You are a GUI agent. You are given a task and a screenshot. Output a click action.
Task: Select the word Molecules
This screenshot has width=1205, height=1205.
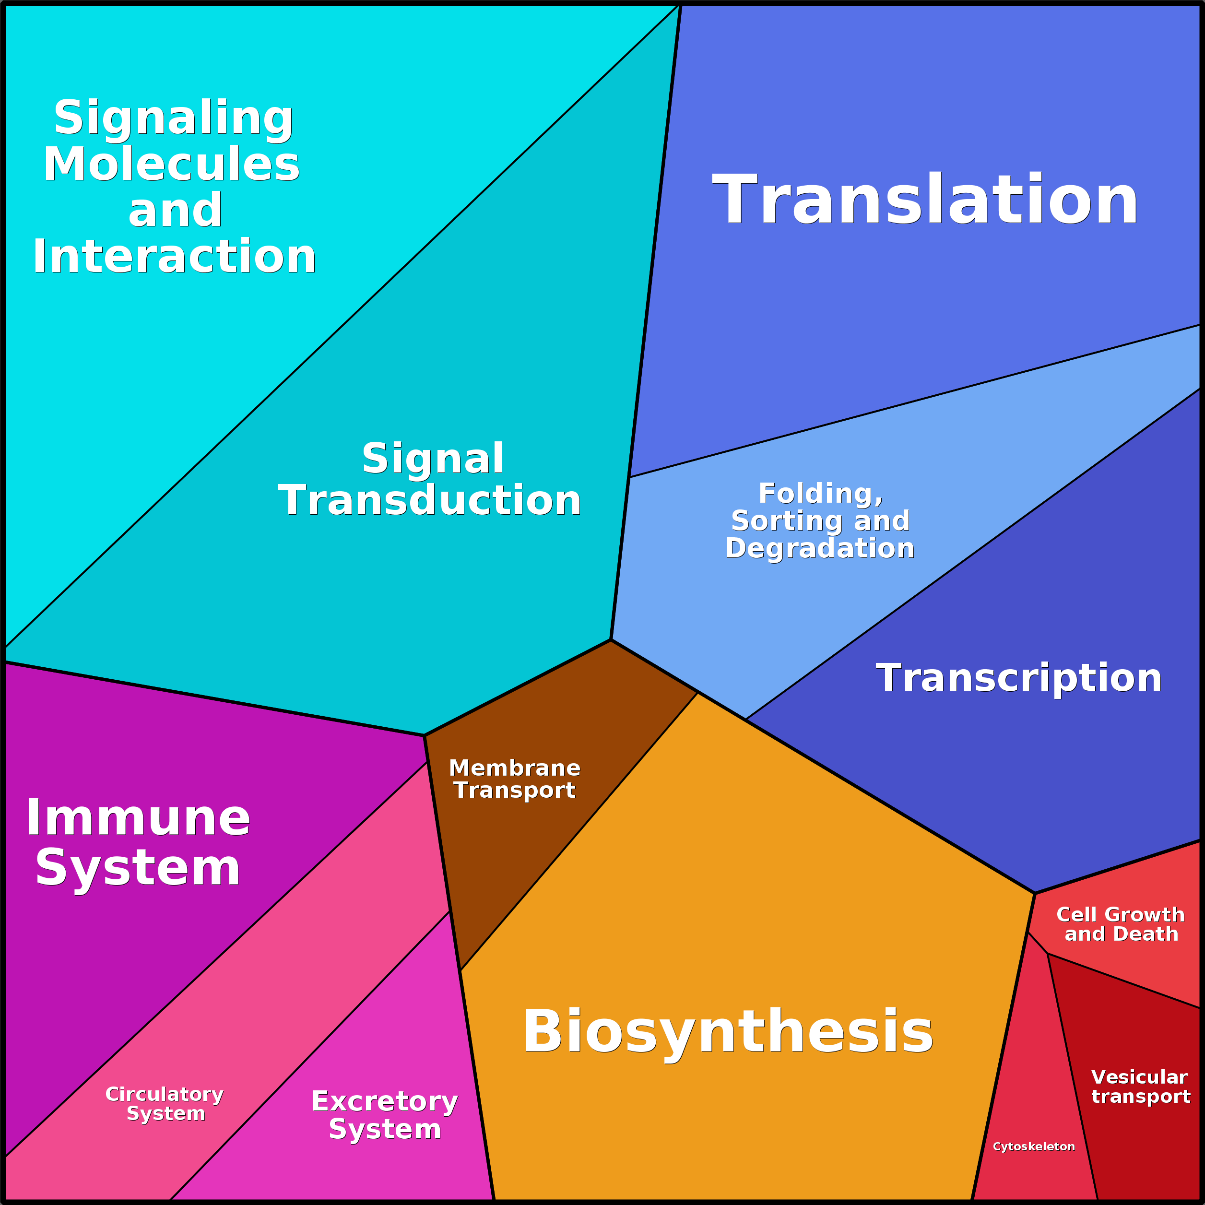pos(172,164)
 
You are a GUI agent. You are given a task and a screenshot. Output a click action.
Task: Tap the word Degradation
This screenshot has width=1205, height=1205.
pos(819,548)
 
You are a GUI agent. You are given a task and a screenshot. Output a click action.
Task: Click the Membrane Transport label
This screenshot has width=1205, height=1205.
pos(515,779)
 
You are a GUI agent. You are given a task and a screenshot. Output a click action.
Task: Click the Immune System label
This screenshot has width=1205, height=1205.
pos(138,843)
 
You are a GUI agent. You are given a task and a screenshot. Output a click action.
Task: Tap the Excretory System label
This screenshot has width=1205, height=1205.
pos(385,1115)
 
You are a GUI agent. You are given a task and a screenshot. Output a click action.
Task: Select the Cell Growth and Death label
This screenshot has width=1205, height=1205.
pos(1121,924)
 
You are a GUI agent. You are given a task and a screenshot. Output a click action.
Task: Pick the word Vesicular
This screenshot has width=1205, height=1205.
pos(1139,1077)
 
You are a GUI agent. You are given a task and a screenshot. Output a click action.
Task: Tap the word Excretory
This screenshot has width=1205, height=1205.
pos(385,1102)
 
